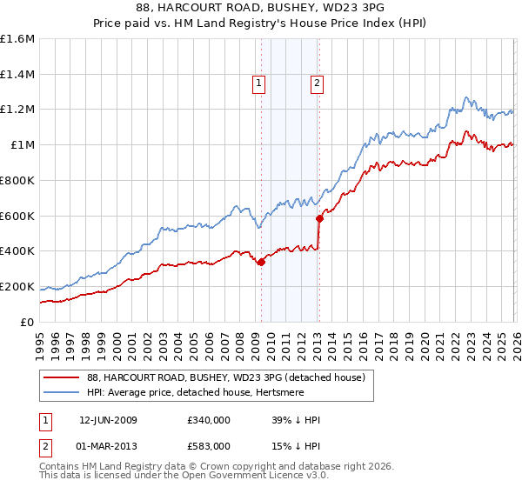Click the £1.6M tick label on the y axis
pos(17,39)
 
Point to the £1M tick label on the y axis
pos(22,145)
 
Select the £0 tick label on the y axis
pos(28,322)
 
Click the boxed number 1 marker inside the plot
pos(259,83)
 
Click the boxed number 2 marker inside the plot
pos(316,83)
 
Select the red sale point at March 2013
pos(319,219)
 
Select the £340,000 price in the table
pos(209,420)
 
